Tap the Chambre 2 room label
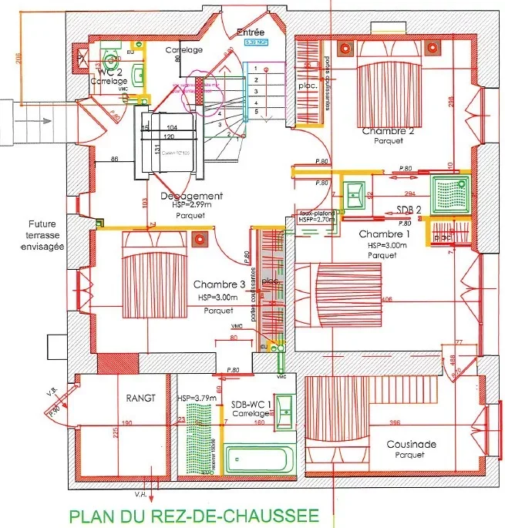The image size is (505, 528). coord(389,131)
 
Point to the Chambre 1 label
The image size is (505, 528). coord(384,234)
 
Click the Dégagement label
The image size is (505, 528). coord(192,197)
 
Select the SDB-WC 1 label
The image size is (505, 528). coord(250,404)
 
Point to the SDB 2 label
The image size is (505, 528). coord(409,210)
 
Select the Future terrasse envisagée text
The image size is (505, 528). coord(39,233)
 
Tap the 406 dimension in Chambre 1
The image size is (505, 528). coord(386,299)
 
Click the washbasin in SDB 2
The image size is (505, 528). coord(356,193)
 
